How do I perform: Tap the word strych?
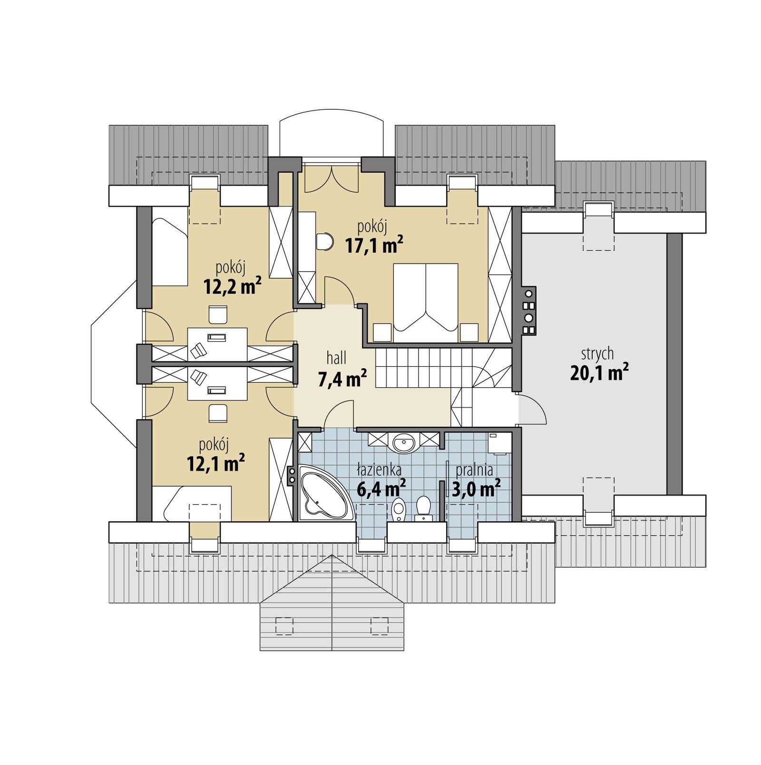pos(597,353)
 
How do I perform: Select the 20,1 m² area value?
pos(599,373)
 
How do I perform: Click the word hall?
pos(336,358)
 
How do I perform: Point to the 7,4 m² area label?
pos(341,379)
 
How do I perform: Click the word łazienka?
pos(379,470)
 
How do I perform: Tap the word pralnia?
pos(474,470)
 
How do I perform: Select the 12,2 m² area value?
pos(232,286)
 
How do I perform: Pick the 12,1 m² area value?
pos(216,463)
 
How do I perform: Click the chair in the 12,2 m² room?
pos(218,314)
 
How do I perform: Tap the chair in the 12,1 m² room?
pos(218,412)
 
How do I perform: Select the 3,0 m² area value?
pos(476,489)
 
